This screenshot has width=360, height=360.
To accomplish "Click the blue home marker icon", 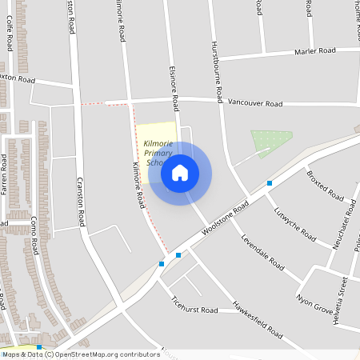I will (x=180, y=173).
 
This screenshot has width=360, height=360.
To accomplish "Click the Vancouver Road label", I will (x=254, y=104).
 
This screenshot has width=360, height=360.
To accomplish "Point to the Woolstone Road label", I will (x=225, y=217).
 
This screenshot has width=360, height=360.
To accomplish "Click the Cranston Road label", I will (x=81, y=200).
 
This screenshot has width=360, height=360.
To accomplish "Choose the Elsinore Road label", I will (x=174, y=88).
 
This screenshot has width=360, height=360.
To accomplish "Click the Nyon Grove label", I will (x=314, y=304).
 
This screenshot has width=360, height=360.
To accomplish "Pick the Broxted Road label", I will (x=325, y=185).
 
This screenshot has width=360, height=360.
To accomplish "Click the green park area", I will (x=270, y=142).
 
